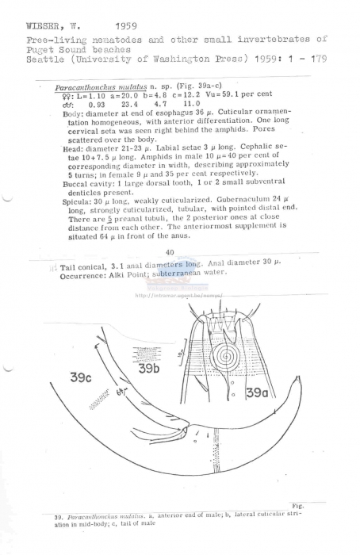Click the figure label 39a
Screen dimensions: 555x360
click(x=257, y=392)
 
